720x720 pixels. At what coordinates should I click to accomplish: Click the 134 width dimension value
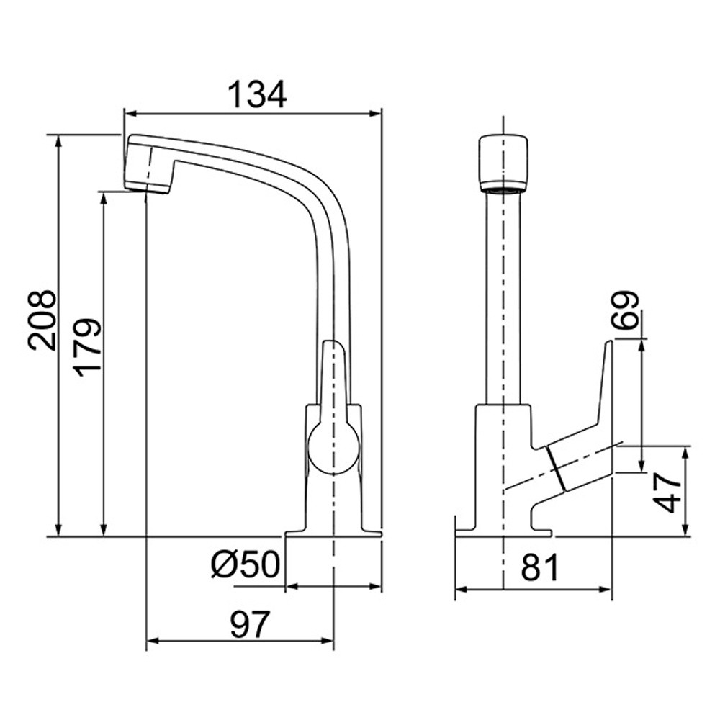pyautogui.click(x=257, y=95)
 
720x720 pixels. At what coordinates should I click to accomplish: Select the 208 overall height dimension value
pyautogui.click(x=42, y=320)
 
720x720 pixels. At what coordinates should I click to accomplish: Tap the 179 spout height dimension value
pyautogui.click(x=88, y=347)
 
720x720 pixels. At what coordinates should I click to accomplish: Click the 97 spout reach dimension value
pyautogui.click(x=249, y=624)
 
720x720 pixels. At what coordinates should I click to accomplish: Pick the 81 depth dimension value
pyautogui.click(x=539, y=567)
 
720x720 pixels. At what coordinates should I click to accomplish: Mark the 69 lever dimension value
pyautogui.click(x=626, y=310)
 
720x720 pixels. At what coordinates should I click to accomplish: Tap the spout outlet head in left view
pyautogui.click(x=148, y=163)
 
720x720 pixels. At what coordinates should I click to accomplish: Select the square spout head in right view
pyautogui.click(x=503, y=163)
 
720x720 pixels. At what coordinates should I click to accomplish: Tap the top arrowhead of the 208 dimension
pyautogui.click(x=58, y=140)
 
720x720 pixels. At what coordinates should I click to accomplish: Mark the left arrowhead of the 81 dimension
pyautogui.click(x=461, y=589)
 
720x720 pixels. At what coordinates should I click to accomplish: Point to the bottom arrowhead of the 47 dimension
pyautogui.click(x=685, y=531)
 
